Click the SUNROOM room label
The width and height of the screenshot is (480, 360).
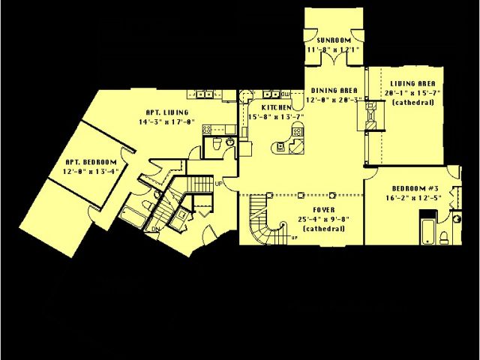pos(334,39)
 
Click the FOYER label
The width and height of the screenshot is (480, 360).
pos(325,210)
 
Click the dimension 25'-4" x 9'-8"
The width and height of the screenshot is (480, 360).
pos(325,219)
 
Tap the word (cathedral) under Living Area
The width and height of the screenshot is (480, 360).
pos(412,102)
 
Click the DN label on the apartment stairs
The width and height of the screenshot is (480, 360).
pos(155,229)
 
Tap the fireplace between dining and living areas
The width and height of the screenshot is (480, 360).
pos(370,117)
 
